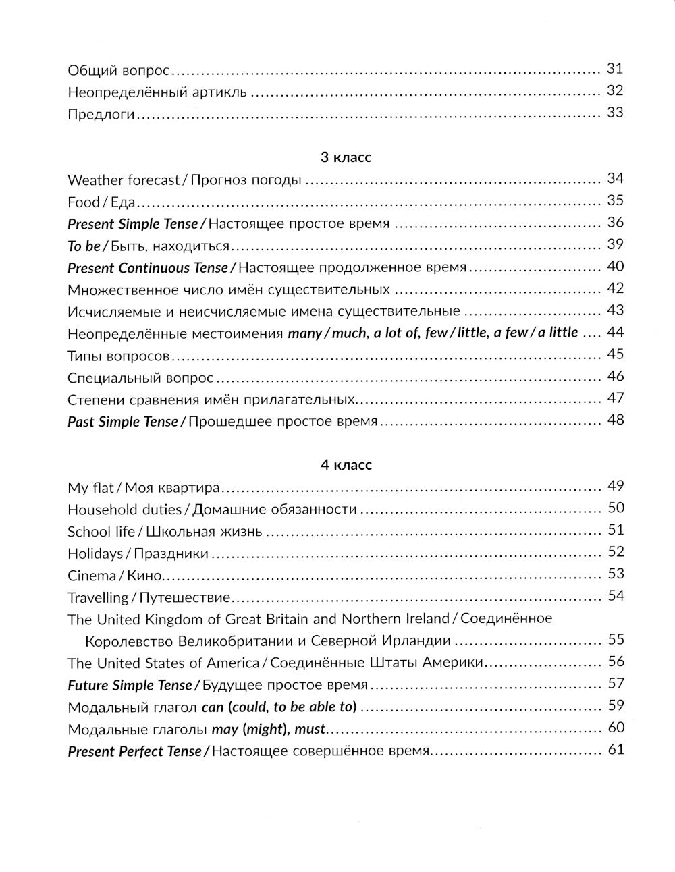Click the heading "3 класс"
pyautogui.click(x=346, y=158)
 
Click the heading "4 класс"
pyautogui.click(x=346, y=465)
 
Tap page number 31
pyautogui.click(x=615, y=68)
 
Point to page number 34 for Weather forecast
pyautogui.click(x=615, y=179)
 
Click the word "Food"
pyautogui.click(x=84, y=202)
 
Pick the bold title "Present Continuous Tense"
pyautogui.click(x=148, y=268)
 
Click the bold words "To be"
pyautogui.click(x=84, y=246)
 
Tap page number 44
pyautogui.click(x=615, y=332)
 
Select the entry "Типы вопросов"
pyautogui.click(x=118, y=356)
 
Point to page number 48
pyautogui.click(x=615, y=420)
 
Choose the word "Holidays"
pyautogui.click(x=95, y=553)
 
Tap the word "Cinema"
pyautogui.click(x=92, y=576)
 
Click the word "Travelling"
pyautogui.click(x=98, y=598)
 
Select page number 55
pyautogui.click(x=615, y=639)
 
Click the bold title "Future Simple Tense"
pyautogui.click(x=130, y=686)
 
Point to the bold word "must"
pyautogui.click(x=310, y=730)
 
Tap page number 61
pyautogui.click(x=615, y=749)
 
